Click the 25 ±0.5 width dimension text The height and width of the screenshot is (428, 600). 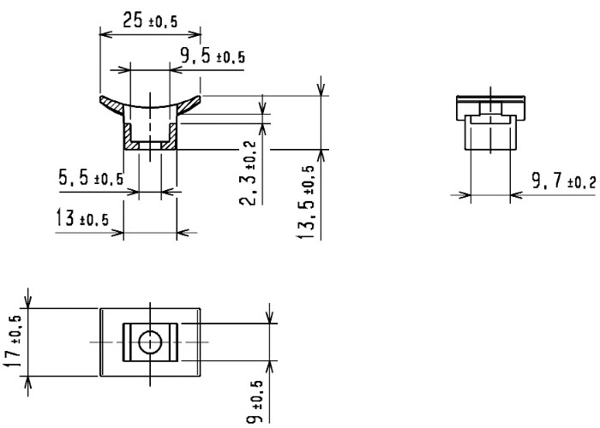(x=150, y=22)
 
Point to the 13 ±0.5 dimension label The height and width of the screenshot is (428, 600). (x=82, y=219)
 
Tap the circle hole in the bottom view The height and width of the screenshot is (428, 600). (x=150, y=342)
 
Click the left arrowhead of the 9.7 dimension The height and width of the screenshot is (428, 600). (x=465, y=194)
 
